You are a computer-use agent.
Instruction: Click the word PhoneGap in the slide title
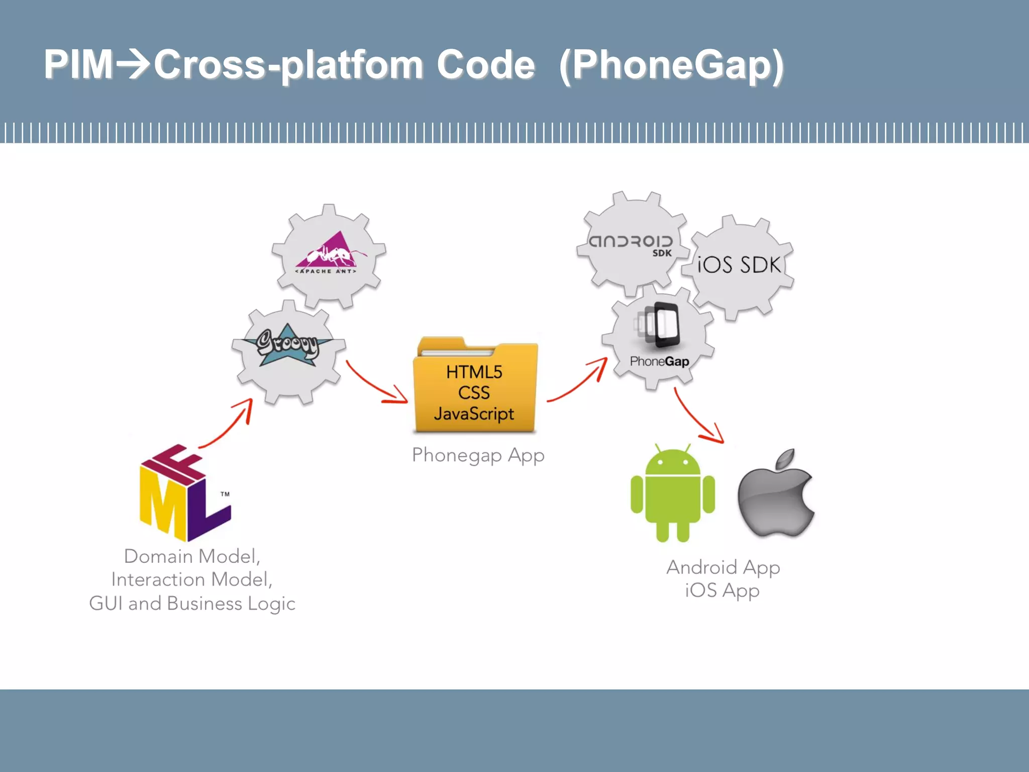[x=671, y=65]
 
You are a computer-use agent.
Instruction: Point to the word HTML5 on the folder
[x=474, y=372]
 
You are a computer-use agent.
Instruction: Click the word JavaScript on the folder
[x=474, y=414]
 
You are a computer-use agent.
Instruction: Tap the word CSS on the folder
[x=474, y=393]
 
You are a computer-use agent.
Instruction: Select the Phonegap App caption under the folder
[x=478, y=455]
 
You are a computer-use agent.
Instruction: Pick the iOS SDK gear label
[x=739, y=265]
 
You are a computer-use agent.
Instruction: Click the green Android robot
[x=672, y=495]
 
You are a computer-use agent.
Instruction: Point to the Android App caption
[x=723, y=567]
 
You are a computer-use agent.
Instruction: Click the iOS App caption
[x=722, y=591]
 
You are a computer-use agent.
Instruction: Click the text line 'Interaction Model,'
[x=192, y=580]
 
